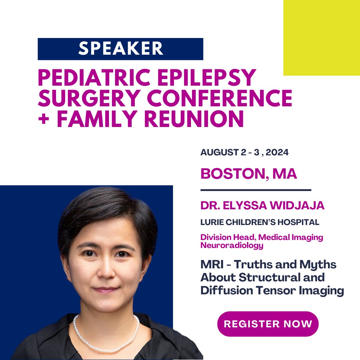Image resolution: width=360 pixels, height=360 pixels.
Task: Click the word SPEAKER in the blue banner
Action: [121, 49]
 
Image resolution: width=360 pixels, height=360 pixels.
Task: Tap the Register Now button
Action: [268, 324]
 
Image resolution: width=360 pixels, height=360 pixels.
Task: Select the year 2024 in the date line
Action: [275, 153]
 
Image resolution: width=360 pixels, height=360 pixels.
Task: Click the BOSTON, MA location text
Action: [249, 174]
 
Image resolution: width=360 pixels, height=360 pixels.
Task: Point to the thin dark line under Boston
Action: [256, 190]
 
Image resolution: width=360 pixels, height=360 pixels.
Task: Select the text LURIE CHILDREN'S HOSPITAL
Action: [260, 222]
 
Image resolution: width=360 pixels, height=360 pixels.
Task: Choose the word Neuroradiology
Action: [232, 246]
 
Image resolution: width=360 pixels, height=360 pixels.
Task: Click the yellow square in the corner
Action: [321, 38]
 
